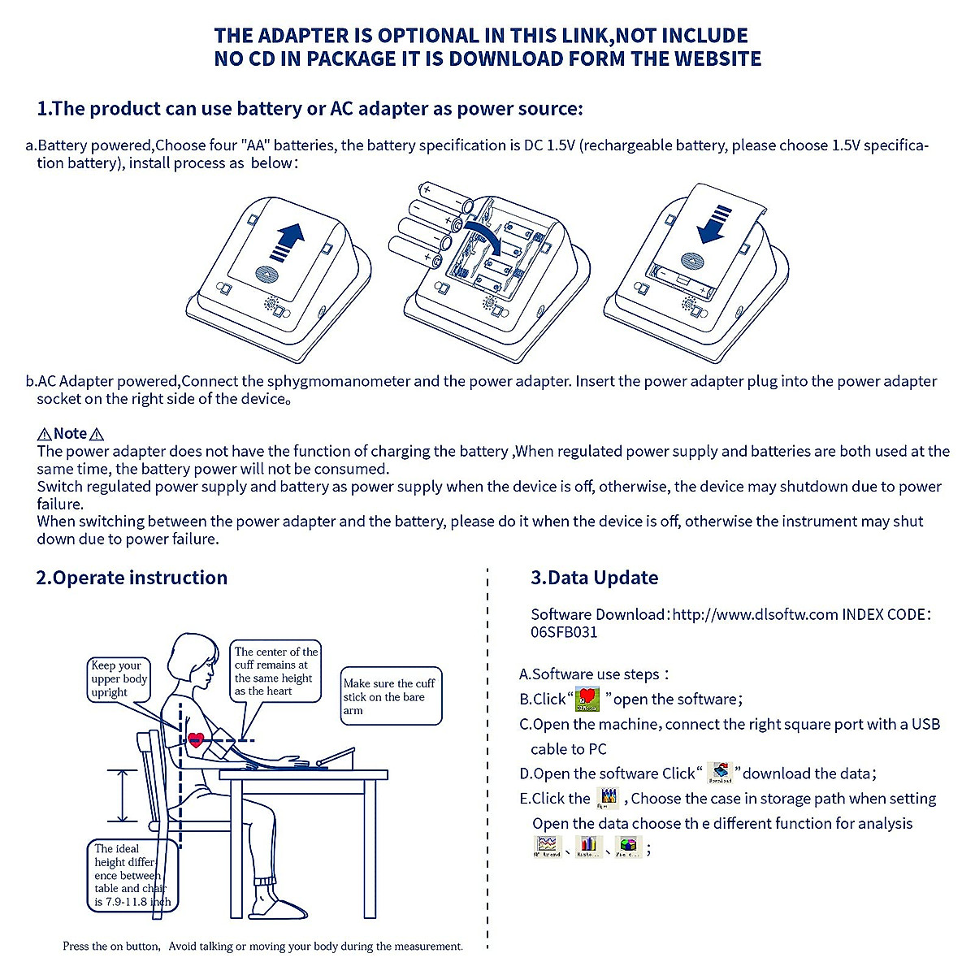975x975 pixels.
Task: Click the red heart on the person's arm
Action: point(196,739)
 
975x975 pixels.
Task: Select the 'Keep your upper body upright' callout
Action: point(119,678)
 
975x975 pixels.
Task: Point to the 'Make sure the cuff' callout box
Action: point(391,696)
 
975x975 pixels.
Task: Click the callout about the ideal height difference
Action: point(130,875)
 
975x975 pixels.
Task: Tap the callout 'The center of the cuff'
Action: point(275,671)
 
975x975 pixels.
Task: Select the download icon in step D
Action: point(719,773)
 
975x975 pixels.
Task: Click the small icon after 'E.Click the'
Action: point(608,798)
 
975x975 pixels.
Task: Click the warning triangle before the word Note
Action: point(45,435)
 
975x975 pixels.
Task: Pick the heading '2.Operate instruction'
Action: point(132,578)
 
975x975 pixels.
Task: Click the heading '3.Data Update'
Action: point(594,578)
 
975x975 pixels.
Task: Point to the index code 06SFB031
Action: point(564,632)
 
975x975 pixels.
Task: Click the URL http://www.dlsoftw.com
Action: point(755,614)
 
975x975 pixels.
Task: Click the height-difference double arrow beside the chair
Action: point(123,795)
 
